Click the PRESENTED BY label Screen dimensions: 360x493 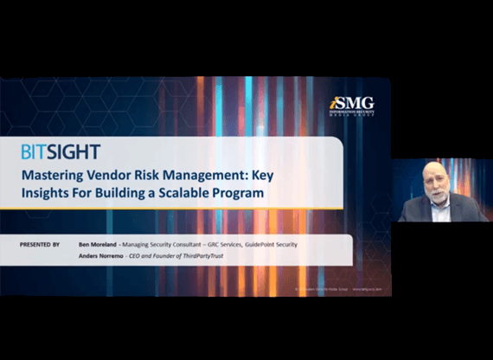click(41, 245)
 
